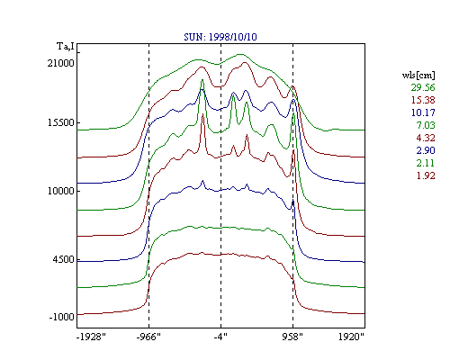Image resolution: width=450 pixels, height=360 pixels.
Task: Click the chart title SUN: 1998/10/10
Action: click(x=220, y=37)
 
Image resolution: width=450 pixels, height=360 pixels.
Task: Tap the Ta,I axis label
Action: click(x=66, y=47)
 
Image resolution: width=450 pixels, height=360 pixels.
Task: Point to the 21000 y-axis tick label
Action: click(x=60, y=63)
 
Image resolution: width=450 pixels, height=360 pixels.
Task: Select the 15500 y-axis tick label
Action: click(x=60, y=122)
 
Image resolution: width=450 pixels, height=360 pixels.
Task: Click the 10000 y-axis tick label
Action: click(x=60, y=191)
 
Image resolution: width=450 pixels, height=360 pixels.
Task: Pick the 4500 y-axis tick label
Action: click(x=63, y=259)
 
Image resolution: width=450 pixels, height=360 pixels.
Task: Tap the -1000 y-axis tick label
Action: click(x=61, y=317)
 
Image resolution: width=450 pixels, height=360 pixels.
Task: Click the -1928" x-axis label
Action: click(x=91, y=337)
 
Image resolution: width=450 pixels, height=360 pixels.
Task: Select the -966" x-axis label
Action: click(x=148, y=337)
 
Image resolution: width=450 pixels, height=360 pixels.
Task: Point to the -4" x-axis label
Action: click(x=220, y=337)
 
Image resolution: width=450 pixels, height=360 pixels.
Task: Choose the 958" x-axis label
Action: click(x=292, y=337)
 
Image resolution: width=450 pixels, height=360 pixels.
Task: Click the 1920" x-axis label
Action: click(x=351, y=337)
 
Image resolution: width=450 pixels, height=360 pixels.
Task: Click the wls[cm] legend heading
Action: click(x=418, y=75)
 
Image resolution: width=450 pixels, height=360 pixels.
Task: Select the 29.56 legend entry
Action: click(x=423, y=87)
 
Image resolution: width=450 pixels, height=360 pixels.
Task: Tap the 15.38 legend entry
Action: click(x=423, y=100)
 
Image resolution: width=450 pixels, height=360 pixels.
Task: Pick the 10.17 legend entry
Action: click(x=423, y=112)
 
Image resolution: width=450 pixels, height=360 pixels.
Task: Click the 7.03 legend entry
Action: click(x=426, y=125)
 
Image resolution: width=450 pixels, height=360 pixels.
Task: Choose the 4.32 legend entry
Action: click(x=426, y=138)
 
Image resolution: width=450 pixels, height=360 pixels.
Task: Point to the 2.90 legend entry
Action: click(x=426, y=150)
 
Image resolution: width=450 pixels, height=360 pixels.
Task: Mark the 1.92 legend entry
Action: click(x=426, y=175)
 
